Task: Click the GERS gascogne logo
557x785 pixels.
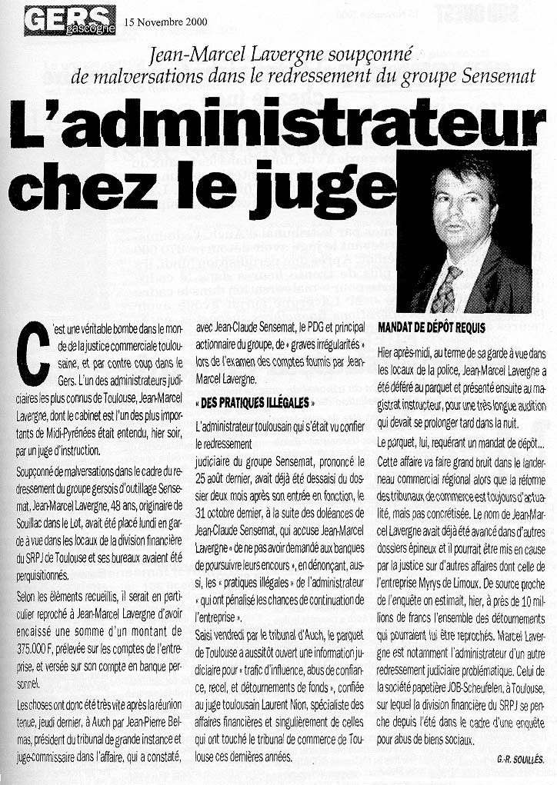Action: pos(69,19)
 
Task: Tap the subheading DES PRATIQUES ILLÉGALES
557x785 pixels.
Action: pos(255,403)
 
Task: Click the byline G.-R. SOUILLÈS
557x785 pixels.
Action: pos(520,759)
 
